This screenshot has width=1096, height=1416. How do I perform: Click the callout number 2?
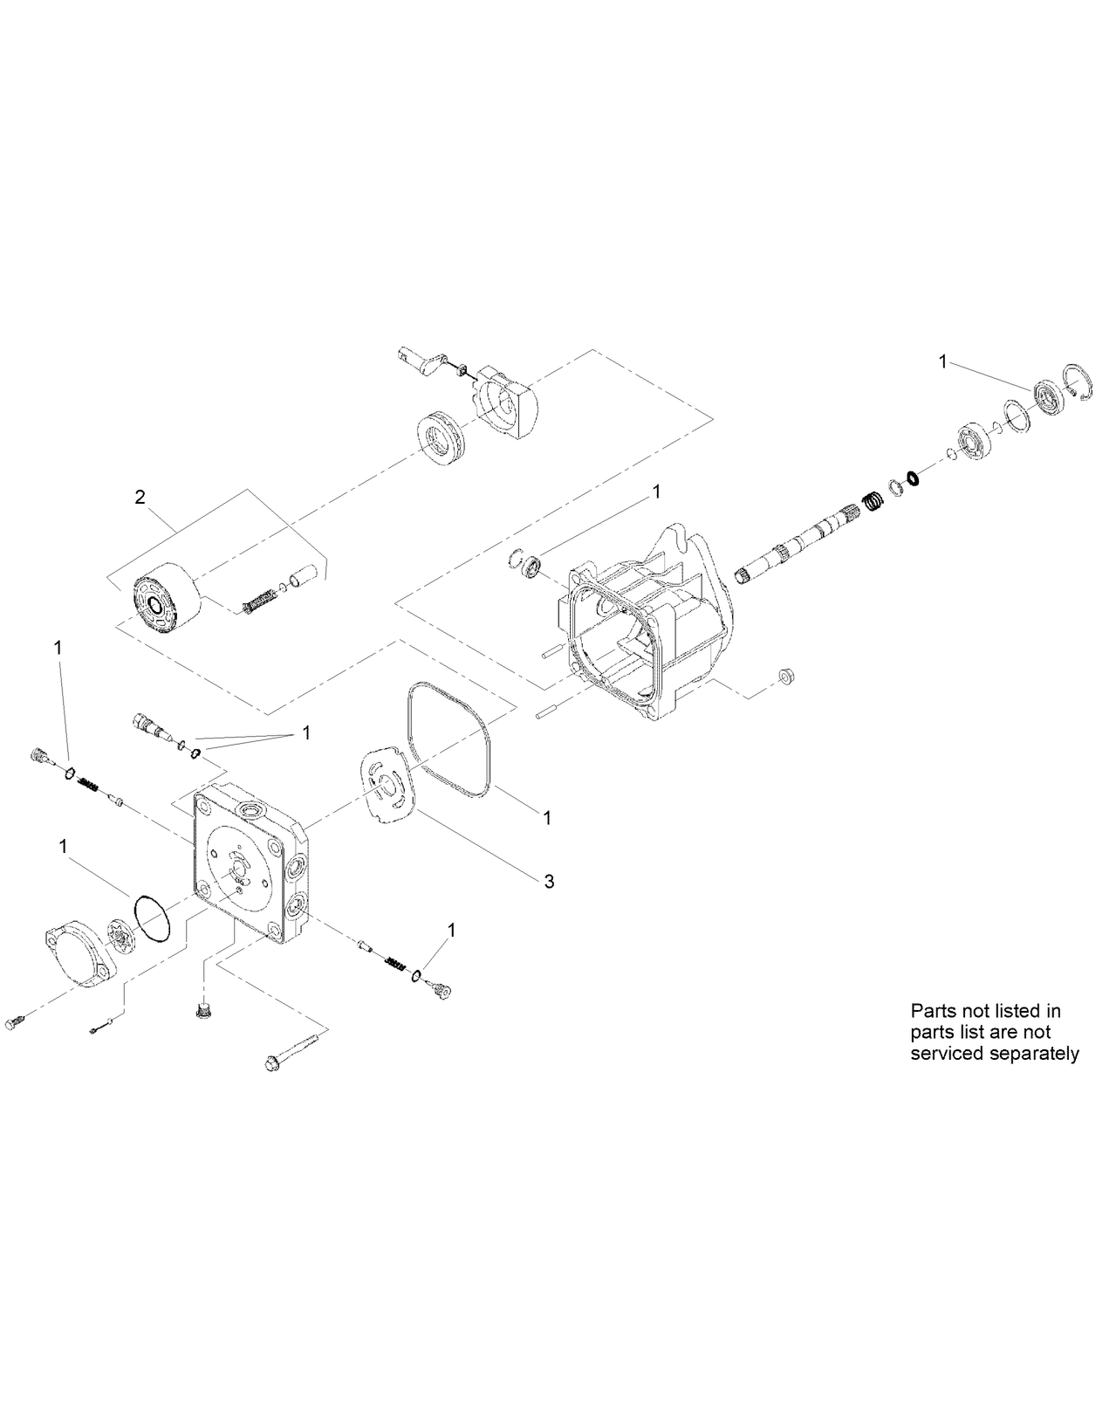coord(140,498)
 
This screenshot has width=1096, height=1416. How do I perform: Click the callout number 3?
coord(548,882)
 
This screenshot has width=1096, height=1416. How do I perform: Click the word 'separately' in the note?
coord(1032,1053)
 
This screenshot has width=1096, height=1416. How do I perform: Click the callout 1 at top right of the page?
coord(942,361)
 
